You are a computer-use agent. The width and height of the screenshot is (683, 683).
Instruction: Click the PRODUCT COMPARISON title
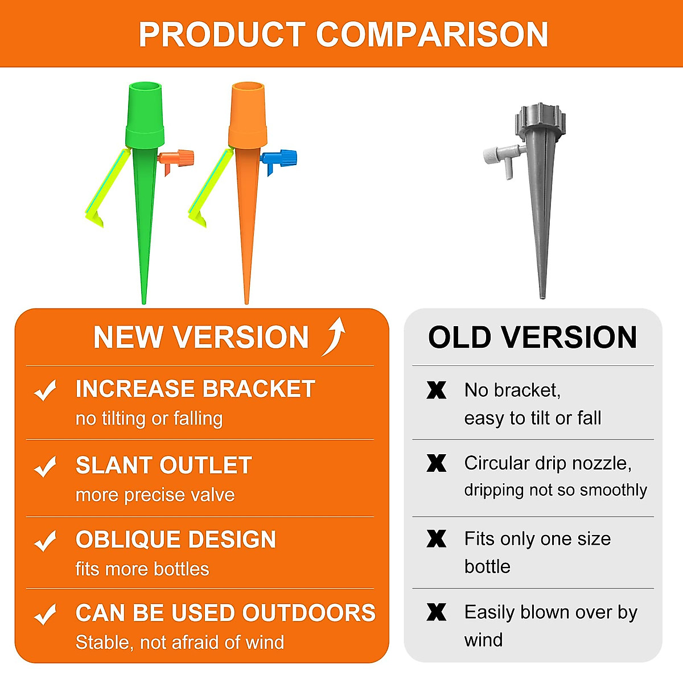[343, 34]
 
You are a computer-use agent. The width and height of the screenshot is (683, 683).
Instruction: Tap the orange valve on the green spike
[178, 158]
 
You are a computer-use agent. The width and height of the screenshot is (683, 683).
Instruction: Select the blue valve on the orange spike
[281, 158]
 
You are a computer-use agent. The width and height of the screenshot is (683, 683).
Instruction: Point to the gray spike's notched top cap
[540, 120]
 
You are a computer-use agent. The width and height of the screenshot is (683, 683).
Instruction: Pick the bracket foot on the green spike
[96, 218]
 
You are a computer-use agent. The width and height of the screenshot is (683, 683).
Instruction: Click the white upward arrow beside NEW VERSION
[335, 336]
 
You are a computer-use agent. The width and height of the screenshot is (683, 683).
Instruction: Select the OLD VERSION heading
[532, 337]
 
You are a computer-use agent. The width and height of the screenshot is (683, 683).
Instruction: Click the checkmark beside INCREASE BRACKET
[46, 390]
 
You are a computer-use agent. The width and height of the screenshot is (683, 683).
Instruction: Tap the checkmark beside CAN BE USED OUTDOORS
[46, 614]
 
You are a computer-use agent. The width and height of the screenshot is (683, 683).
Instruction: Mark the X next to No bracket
[437, 390]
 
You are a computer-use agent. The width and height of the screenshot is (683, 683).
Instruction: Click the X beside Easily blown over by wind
[437, 612]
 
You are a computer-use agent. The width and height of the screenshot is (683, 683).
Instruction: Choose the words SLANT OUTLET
[163, 466]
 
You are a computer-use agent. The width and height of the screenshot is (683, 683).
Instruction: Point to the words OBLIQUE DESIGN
[175, 540]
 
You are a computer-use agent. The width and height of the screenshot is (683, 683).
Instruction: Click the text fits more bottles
[142, 569]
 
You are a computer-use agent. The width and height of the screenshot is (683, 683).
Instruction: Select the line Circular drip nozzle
[548, 463]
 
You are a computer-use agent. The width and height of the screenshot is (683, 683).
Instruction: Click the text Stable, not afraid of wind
[180, 642]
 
